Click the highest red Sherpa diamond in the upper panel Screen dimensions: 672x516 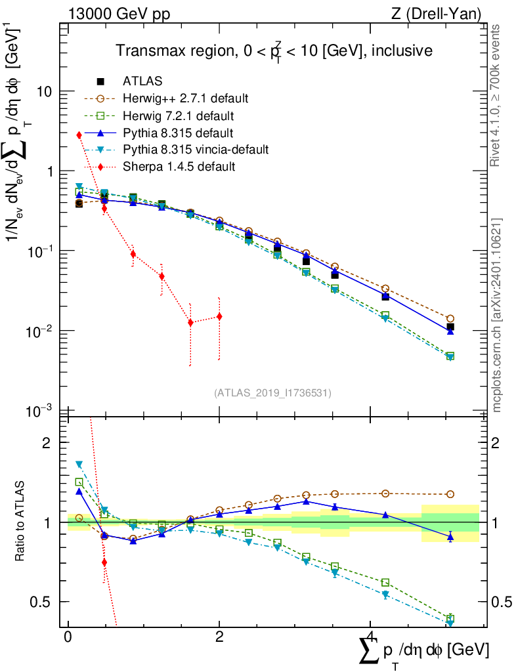click(x=79, y=135)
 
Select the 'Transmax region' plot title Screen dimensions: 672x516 click(x=274, y=51)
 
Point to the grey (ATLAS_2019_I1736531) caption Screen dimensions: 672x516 click(x=272, y=393)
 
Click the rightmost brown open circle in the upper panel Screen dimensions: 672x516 click(x=450, y=318)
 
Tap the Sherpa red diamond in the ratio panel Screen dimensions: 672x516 click(x=104, y=562)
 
